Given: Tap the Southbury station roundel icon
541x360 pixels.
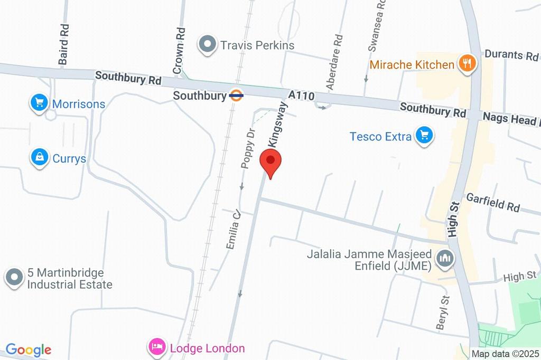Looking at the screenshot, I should click(x=236, y=96).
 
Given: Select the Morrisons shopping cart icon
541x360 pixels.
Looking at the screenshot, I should click(x=39, y=103).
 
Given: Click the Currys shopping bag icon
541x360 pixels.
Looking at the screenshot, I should click(x=40, y=157).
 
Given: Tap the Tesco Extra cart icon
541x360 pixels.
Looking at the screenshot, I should click(x=424, y=136).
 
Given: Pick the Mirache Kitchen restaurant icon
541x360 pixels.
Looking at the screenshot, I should click(x=467, y=64).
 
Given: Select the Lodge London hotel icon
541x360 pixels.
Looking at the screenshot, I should click(x=157, y=348).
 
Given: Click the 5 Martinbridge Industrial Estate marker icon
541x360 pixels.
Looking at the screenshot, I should click(x=14, y=278).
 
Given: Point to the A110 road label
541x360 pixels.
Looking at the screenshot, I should click(x=302, y=96).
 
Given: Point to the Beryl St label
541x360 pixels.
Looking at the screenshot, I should click(x=442, y=312).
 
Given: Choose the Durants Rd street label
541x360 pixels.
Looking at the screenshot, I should click(x=511, y=55).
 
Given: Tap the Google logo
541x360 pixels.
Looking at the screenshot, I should click(x=29, y=349).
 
